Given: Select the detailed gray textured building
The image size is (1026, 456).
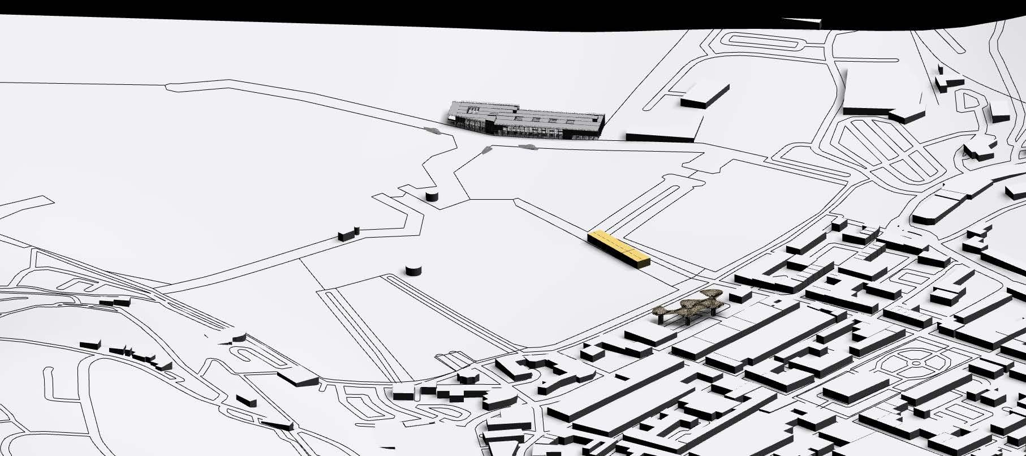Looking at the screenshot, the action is pos(526,120).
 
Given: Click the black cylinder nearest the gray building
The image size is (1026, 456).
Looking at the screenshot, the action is pos(431,196).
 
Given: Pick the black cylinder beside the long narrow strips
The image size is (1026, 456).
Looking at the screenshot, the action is pos(413,270).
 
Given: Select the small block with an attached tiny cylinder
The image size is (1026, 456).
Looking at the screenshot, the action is pos(348,234).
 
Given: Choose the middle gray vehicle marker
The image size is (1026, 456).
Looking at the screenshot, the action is pos(486,150).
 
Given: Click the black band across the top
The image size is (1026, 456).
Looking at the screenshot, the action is pos(396,10).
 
